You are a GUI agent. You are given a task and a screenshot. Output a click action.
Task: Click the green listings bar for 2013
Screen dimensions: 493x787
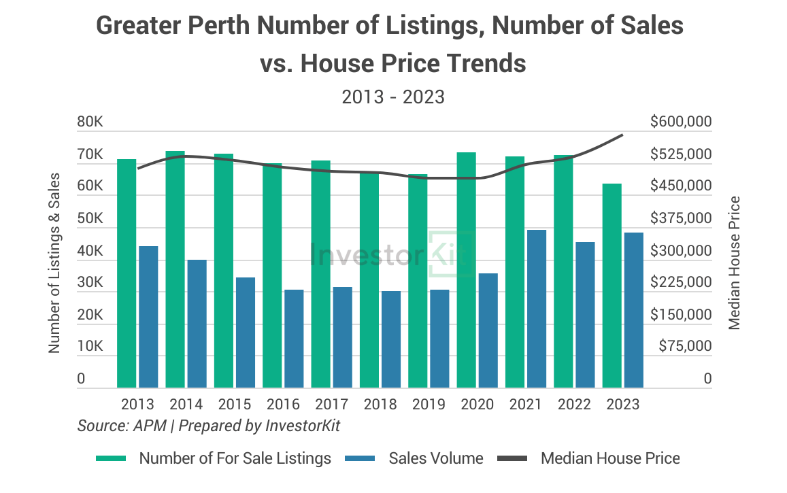[127, 273]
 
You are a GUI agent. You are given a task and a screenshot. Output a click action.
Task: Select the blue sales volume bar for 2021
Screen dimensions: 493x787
[537, 309]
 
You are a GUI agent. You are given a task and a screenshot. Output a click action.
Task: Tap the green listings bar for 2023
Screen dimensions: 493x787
[612, 286]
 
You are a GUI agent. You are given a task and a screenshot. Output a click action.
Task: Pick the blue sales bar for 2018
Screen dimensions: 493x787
[391, 339]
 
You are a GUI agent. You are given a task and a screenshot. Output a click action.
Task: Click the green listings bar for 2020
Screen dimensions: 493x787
[466, 270]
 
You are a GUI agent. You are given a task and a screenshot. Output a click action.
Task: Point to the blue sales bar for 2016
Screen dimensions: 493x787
[294, 339]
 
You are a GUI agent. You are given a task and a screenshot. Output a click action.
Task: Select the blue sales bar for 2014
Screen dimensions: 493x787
[197, 324]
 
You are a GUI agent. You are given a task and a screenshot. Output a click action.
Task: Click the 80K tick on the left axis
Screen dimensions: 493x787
[90, 122]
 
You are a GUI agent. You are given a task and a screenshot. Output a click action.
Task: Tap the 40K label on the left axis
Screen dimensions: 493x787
[90, 252]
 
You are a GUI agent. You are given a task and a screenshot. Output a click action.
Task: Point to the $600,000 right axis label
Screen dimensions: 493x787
[681, 122]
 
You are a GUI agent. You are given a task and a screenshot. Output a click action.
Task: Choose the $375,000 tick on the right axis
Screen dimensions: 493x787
[681, 219]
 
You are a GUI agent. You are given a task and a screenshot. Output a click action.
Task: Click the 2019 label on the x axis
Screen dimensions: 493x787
[429, 405]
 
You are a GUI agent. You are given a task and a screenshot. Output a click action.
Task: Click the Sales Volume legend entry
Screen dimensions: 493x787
[435, 458]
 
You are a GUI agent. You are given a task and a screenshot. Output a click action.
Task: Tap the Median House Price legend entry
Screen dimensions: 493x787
[609, 458]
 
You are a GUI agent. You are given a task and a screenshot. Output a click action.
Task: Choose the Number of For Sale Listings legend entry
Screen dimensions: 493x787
[235, 458]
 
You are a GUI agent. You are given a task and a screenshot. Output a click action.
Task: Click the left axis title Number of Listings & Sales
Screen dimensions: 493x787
[54, 262]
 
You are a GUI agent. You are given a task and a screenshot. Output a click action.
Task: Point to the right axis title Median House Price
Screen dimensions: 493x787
[734, 262]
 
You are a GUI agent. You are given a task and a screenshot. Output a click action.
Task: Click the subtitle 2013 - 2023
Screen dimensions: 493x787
[393, 97]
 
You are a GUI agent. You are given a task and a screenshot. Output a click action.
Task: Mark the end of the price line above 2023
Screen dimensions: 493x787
[622, 135]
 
